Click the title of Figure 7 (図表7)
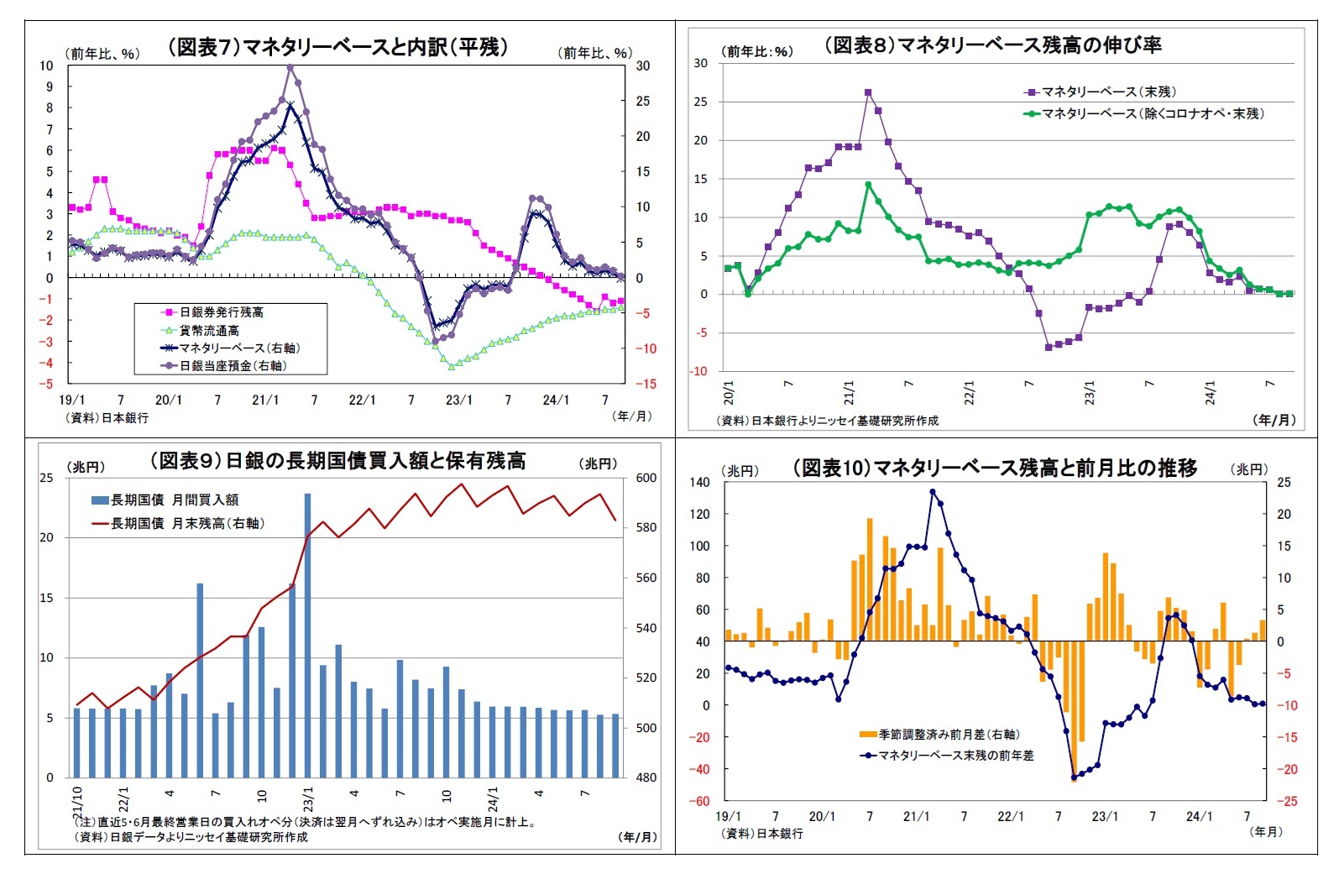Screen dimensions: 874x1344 click(338, 47)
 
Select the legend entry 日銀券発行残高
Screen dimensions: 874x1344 click(221, 312)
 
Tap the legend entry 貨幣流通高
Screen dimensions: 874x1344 click(209, 331)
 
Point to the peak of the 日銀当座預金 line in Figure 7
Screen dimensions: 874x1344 click(290, 66)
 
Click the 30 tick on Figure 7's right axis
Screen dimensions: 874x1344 click(642, 65)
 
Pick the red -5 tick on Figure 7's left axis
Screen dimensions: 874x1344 click(49, 384)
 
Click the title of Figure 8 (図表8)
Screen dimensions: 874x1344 click(992, 45)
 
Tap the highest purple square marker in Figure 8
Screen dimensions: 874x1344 click(868, 93)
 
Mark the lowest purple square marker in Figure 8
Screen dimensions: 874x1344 click(1049, 347)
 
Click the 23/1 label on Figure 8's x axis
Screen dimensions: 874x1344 click(1090, 392)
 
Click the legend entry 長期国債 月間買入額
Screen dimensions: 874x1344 click(175, 500)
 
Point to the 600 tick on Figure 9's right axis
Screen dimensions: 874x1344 click(646, 478)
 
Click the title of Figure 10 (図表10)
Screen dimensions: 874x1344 click(994, 468)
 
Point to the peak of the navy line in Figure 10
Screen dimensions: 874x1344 click(933, 492)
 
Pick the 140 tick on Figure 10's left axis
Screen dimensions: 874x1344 click(699, 482)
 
